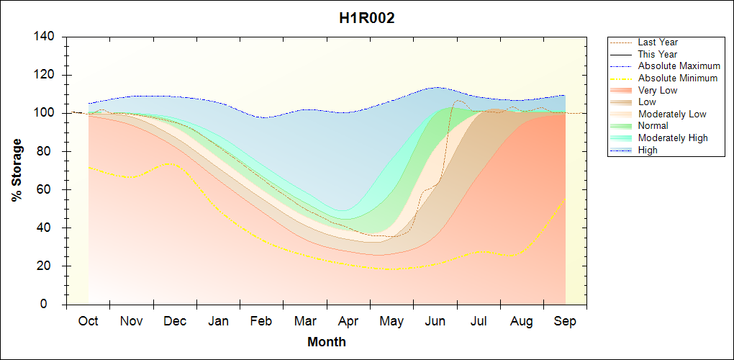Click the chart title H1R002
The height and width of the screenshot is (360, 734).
[367, 19]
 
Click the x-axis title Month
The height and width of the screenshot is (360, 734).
[327, 342]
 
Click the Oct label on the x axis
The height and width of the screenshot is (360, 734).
[88, 321]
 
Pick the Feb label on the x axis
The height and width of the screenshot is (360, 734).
[261, 321]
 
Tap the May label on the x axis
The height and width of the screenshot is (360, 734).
[391, 321]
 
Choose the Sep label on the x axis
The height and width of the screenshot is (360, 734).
[565, 321]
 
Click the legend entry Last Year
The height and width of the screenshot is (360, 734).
[657, 42]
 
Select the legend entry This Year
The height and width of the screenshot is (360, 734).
[657, 54]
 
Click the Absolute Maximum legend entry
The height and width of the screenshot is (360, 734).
[679, 66]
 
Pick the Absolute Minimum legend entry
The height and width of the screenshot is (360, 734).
[678, 78]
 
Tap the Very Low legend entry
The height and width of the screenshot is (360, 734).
[657, 90]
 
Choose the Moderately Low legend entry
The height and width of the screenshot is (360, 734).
[672, 114]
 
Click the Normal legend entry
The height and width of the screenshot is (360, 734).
[653, 126]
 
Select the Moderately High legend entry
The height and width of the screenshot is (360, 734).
[673, 138]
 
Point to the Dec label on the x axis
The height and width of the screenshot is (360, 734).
[175, 321]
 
